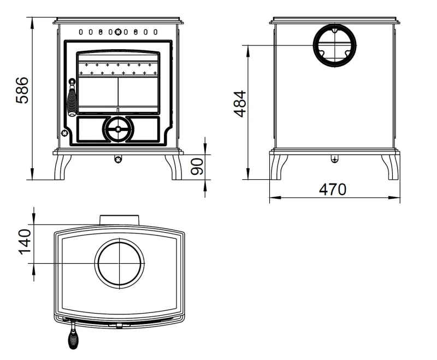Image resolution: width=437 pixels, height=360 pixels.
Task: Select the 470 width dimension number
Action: click(x=333, y=190)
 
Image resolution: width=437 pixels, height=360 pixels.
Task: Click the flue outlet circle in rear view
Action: click(x=334, y=45)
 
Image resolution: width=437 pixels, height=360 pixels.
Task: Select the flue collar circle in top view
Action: click(x=120, y=263)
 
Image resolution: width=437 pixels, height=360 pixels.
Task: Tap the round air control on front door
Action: click(x=117, y=129)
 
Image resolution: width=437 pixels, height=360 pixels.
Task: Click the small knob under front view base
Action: click(x=118, y=159)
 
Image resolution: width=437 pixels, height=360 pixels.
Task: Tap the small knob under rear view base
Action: click(x=334, y=159)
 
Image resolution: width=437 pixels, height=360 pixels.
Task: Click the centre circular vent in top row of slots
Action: click(x=117, y=32)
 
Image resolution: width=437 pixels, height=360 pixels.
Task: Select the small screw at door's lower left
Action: click(x=65, y=133)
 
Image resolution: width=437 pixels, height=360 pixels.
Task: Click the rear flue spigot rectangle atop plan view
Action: click(x=120, y=220)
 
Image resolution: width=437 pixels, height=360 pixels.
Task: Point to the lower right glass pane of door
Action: click(x=139, y=93)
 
